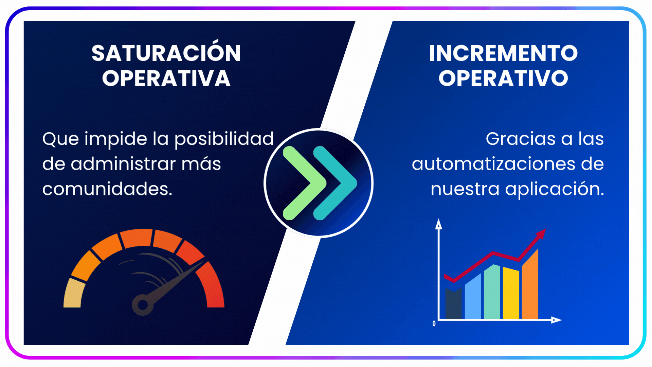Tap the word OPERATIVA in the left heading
(x=166, y=78)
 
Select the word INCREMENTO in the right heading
(x=503, y=53)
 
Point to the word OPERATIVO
(x=503, y=78)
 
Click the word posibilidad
(x=224, y=139)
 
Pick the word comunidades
(x=107, y=189)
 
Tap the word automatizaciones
(x=493, y=164)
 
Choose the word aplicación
(x=555, y=189)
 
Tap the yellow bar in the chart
(x=511, y=293)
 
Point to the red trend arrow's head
(x=541, y=234)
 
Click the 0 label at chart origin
(x=434, y=324)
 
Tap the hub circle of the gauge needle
(x=143, y=305)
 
